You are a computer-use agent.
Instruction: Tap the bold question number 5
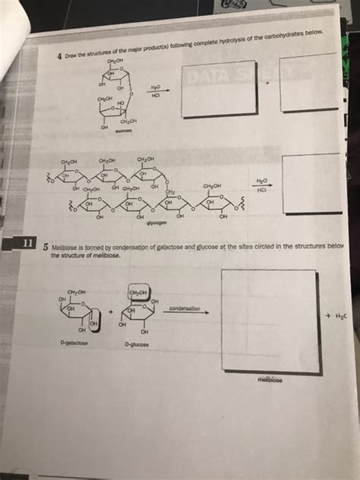pos(46,247)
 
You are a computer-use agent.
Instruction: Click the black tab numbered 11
pos(26,243)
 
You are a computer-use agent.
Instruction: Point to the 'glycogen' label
pos(157,223)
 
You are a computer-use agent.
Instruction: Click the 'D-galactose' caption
pos(72,343)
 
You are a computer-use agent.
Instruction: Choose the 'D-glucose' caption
pos(137,343)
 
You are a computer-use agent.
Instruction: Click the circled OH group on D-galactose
pos(95,325)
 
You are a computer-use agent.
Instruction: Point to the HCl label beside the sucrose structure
pos(156,95)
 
